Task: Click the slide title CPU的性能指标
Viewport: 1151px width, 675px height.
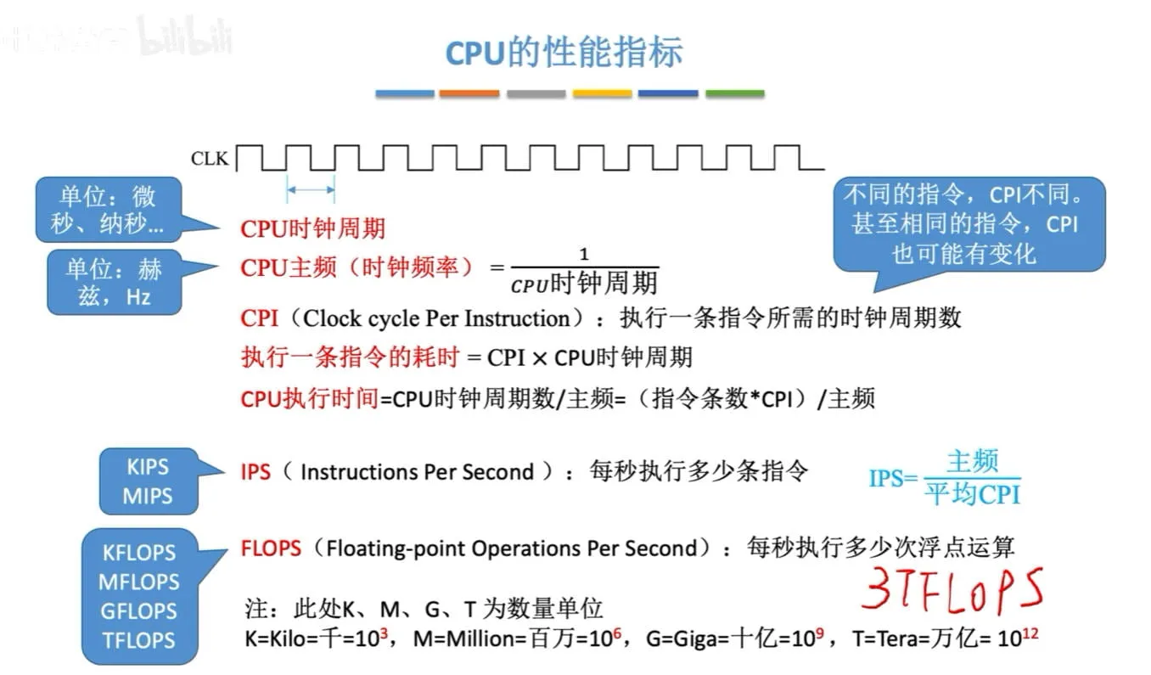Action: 564,52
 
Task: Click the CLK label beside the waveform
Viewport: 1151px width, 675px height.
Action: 209,158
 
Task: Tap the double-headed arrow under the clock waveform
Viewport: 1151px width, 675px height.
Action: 311,189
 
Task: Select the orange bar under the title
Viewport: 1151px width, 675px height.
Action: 469,93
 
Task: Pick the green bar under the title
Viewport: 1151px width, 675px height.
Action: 735,93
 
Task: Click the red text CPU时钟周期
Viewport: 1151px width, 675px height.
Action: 313,228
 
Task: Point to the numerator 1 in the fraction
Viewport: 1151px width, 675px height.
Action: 584,254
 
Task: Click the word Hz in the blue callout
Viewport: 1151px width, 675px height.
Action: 138,296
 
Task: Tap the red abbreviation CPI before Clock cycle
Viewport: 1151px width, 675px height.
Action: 259,318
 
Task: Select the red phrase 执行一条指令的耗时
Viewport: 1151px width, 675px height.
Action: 351,357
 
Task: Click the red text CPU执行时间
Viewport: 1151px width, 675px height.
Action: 309,398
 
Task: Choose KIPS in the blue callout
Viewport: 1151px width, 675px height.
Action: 148,467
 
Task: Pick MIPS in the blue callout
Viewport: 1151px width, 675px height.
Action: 148,496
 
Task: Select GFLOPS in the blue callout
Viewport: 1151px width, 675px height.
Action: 138,611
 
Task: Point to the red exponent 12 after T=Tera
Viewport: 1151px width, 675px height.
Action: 1030,633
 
